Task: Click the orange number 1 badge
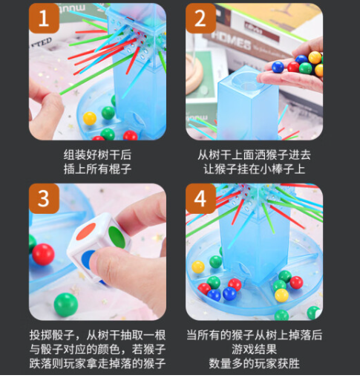pyautogui.click(x=44, y=19)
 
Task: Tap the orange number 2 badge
pyautogui.click(x=201, y=19)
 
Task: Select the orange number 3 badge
pyautogui.click(x=44, y=199)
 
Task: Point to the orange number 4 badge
pyautogui.click(x=201, y=199)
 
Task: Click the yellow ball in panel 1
pyautogui.click(x=90, y=118)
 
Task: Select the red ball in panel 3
pyautogui.click(x=43, y=254)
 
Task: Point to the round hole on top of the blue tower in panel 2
pyautogui.click(x=243, y=77)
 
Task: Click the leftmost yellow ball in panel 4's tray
pyautogui.click(x=197, y=267)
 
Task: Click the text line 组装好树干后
pyautogui.click(x=98, y=154)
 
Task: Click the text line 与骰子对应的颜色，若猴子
pyautogui.click(x=98, y=349)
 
